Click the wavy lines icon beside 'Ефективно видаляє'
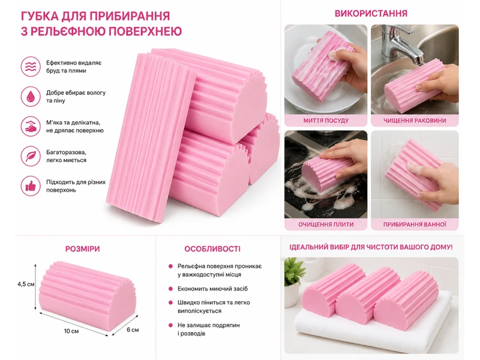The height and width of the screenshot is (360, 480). click(31, 67)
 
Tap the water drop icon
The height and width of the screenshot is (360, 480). click(31, 97)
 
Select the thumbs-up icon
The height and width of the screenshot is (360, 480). click(31, 186)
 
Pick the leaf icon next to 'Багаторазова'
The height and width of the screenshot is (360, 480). click(31, 156)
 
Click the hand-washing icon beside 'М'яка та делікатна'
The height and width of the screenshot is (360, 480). click(31, 126)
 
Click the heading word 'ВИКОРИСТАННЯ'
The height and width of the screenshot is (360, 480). click(371, 13)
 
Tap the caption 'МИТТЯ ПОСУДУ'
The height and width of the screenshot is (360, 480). click(326, 121)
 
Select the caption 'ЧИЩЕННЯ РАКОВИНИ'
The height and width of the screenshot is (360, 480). click(415, 121)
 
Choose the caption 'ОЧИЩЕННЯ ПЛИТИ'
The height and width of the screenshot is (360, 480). click(326, 224)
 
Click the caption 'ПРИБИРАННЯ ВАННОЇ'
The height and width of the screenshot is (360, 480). click(415, 224)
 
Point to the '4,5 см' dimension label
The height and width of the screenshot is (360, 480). click(26, 284)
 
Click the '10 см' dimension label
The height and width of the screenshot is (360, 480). click(71, 331)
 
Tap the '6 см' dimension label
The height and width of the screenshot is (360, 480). click(133, 329)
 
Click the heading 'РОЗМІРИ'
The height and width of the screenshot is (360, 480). click(82, 249)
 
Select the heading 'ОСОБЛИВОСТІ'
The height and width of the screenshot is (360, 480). click(212, 249)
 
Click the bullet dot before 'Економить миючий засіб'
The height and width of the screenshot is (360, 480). click(170, 289)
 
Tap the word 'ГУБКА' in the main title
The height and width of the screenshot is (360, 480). click(38, 16)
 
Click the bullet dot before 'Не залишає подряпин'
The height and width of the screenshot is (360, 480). click(170, 325)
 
